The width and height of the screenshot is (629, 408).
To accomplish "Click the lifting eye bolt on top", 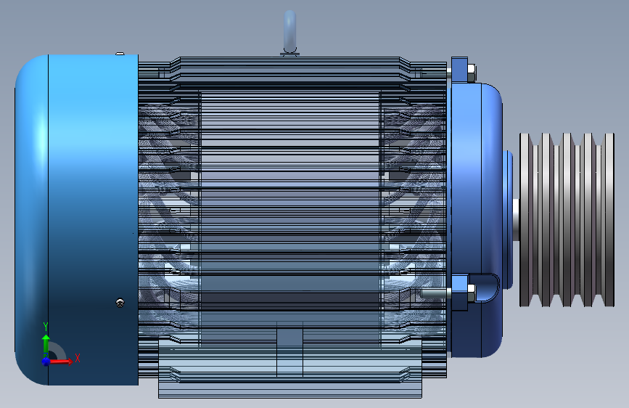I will pyautogui.click(x=290, y=33).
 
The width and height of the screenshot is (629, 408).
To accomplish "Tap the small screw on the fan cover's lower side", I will pyautogui.click(x=120, y=303).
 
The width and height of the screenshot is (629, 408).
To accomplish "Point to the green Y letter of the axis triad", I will pyautogui.click(x=46, y=326).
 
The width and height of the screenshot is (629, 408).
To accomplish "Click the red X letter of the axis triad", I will pyautogui.click(x=77, y=358).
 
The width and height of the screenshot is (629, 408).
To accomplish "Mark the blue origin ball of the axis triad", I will pyautogui.click(x=46, y=360).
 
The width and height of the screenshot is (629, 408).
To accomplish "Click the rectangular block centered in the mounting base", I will pyautogui.click(x=290, y=351).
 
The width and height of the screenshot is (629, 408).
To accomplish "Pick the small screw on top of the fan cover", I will pyautogui.click(x=120, y=53).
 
